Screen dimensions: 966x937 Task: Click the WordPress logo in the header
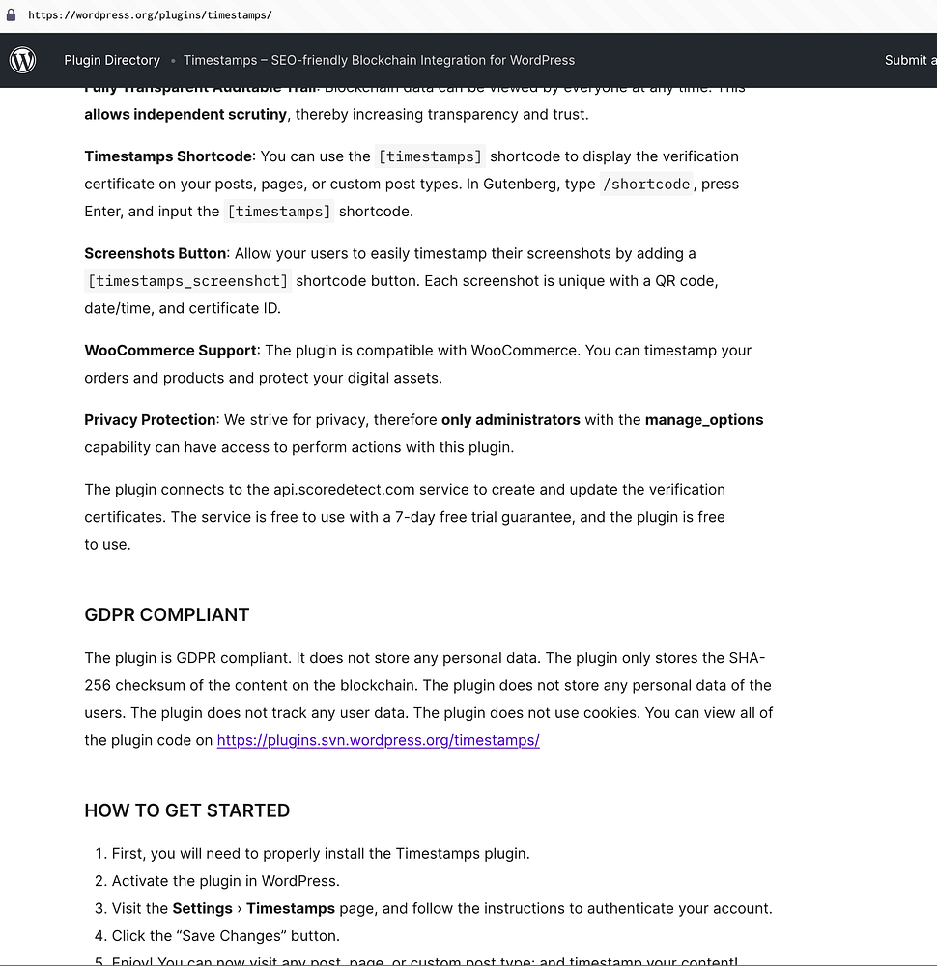coord(23,60)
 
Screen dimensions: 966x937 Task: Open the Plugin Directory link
coord(112,60)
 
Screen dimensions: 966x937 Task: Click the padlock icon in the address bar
coord(11,15)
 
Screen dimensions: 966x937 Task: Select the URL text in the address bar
coord(150,15)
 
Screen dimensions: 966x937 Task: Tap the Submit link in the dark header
coord(908,60)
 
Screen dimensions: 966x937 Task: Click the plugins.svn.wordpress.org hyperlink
coord(378,740)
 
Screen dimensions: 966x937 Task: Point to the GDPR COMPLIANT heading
coord(167,614)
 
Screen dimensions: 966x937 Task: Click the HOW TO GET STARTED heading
coord(187,810)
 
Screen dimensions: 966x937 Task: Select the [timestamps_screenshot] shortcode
coord(187,281)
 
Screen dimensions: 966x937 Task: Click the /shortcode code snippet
coord(647,184)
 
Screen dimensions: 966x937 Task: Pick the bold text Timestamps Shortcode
coord(168,156)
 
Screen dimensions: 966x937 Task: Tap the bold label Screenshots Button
coord(156,253)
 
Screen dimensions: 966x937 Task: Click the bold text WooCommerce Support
coord(170,351)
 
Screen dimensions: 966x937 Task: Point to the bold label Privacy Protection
coord(150,420)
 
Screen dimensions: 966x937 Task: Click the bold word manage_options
coord(704,420)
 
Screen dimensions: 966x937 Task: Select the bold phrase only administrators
coord(511,420)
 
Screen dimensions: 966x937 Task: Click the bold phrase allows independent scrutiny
coord(185,115)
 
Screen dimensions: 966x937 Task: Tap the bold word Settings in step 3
coord(203,908)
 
